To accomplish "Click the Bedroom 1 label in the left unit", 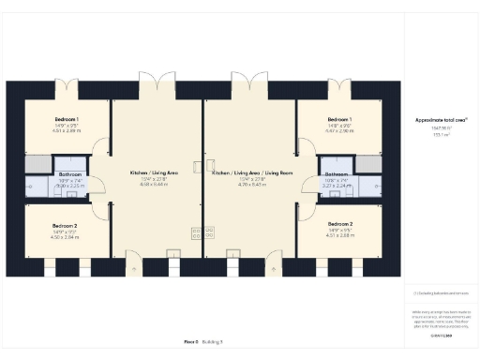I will tap(65, 120).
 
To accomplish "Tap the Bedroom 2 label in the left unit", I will tap(64, 226).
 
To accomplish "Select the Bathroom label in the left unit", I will tap(71, 174).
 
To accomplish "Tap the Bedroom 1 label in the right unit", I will tap(339, 120).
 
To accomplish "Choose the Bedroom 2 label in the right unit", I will tap(340, 225).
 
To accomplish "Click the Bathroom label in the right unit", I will tap(337, 174).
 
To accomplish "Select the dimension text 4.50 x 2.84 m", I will tap(64, 238).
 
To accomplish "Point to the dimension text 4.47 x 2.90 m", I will tap(339, 132).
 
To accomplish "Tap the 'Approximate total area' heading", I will tap(435, 121).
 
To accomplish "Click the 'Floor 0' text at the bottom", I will tap(191, 344).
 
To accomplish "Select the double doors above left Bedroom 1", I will tap(66, 89).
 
